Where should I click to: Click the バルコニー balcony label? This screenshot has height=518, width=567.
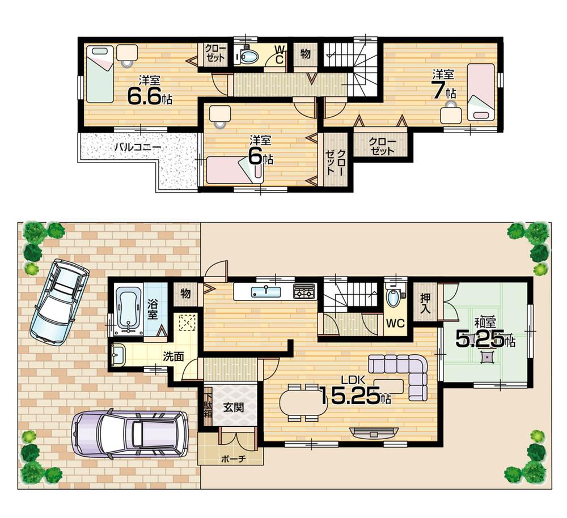138,147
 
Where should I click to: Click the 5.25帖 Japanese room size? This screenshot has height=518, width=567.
485,338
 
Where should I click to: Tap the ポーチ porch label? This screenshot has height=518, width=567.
231,458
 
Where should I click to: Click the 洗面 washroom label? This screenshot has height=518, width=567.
172,358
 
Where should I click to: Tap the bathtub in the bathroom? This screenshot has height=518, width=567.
128,309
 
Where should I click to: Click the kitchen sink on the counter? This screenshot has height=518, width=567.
264,291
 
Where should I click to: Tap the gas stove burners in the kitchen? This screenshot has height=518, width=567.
304,292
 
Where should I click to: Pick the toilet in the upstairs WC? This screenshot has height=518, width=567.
248,56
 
